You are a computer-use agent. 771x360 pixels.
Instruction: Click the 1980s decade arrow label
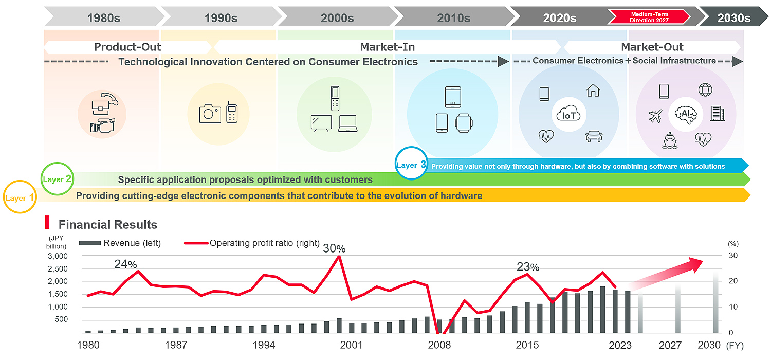103,18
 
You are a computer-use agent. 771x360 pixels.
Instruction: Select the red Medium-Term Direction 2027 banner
649,17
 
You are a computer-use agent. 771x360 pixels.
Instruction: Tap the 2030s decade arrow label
733,18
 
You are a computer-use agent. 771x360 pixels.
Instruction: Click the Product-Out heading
127,47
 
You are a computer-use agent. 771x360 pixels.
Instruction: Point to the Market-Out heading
652,47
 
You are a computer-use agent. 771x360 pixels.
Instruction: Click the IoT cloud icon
569,115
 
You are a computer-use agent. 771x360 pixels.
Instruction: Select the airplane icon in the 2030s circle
655,117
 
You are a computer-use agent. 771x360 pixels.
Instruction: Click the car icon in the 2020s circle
594,137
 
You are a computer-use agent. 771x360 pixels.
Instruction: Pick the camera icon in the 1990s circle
210,113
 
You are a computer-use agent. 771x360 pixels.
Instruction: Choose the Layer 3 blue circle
411,165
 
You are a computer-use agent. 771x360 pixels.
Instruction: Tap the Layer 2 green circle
58,179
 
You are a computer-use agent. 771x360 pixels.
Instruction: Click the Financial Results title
107,225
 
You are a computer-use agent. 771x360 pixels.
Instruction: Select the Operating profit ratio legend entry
264,243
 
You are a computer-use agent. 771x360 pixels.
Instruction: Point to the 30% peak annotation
334,249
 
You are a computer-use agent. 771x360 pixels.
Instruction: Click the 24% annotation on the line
125,264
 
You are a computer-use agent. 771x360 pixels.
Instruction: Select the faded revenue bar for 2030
716,303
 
